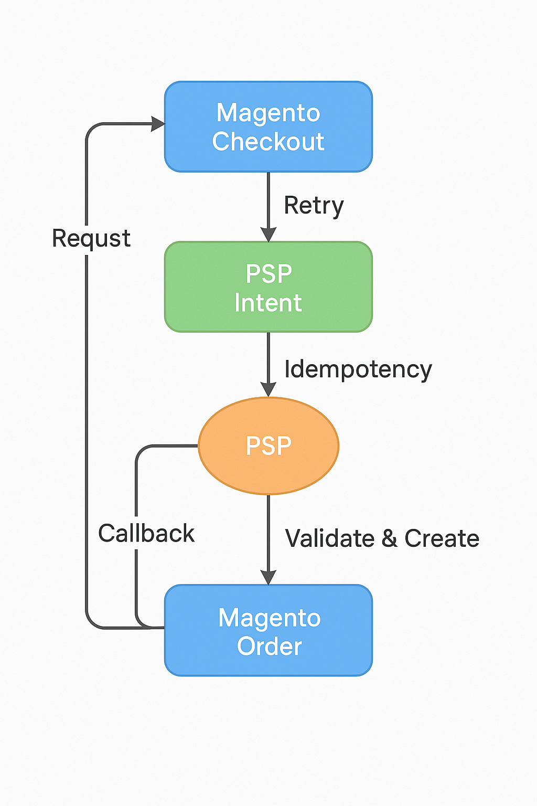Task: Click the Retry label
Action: [x=313, y=205]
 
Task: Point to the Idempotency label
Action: [x=358, y=369]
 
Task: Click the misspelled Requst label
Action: [x=91, y=239]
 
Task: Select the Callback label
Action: [x=146, y=534]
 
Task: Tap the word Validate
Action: [x=330, y=538]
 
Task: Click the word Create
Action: [x=442, y=538]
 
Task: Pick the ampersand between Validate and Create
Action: [x=389, y=539]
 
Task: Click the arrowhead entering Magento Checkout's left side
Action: [x=158, y=124]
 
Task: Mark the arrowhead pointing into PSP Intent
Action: [x=268, y=235]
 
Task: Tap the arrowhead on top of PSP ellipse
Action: [x=268, y=389]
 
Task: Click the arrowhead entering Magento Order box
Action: [x=268, y=577]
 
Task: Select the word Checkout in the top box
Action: [x=268, y=142]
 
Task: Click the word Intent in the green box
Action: [x=268, y=303]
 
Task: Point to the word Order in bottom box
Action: [x=270, y=646]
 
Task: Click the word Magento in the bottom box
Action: [x=270, y=618]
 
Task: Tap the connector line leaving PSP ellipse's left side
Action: [x=168, y=446]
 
